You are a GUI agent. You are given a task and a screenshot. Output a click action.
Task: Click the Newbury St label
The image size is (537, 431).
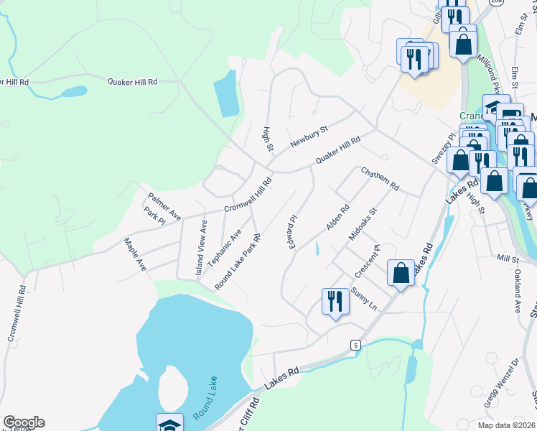coord(309,136)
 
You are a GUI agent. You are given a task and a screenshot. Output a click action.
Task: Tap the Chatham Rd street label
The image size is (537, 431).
coord(380,179)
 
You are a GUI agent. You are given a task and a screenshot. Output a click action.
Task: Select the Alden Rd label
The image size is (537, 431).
coord(337,217)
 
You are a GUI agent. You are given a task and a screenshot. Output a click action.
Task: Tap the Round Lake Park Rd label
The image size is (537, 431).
coord(236,261)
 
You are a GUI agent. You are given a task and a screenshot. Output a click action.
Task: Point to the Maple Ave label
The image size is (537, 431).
coord(135,254)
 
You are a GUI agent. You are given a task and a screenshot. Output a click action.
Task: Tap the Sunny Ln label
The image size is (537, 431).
coord(364,298)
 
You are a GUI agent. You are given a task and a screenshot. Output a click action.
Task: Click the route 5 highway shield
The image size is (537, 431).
coord(355,345)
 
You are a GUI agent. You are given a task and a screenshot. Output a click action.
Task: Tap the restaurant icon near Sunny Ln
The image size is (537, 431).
coord(334,300)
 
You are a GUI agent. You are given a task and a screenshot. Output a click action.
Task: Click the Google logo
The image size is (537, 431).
coord(24,422)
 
